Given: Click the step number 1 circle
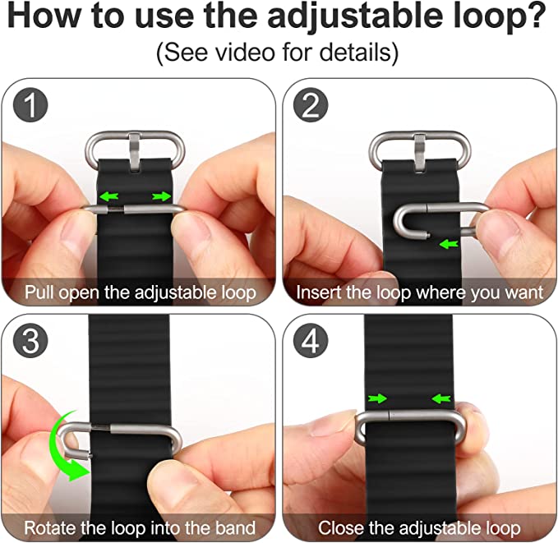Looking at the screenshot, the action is coord(30,105).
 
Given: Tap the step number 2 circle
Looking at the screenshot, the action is coord(311,105).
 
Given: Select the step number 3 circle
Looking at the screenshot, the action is coord(30,341).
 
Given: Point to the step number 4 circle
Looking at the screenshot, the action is coord(311,341).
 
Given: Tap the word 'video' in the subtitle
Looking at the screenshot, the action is coord(246,52).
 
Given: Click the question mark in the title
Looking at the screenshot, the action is coord(534,15).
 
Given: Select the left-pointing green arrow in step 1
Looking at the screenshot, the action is coord(109,196).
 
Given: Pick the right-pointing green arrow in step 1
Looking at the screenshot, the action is coord(162,196).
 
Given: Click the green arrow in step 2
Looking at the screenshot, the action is coord(449,244).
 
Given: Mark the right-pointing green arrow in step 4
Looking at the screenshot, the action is coord(377,398).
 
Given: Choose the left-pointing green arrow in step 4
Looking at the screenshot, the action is coord(441,398).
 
